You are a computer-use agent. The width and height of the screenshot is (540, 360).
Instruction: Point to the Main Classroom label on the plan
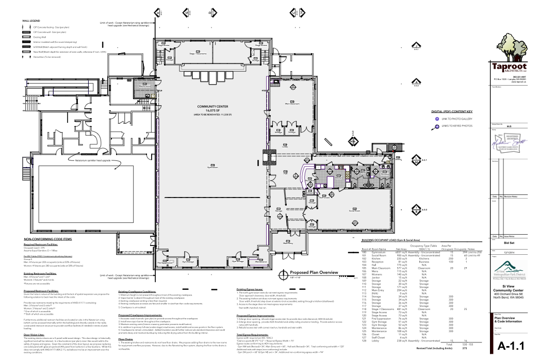[292, 103]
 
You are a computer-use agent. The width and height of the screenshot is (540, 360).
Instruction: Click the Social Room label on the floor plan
[354, 210]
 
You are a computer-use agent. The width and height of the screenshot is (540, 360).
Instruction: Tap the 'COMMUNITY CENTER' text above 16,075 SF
[212, 107]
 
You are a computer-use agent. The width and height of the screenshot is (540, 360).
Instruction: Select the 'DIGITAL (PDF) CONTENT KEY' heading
[455, 111]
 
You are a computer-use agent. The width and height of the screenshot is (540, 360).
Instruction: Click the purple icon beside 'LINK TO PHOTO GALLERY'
[437, 119]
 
